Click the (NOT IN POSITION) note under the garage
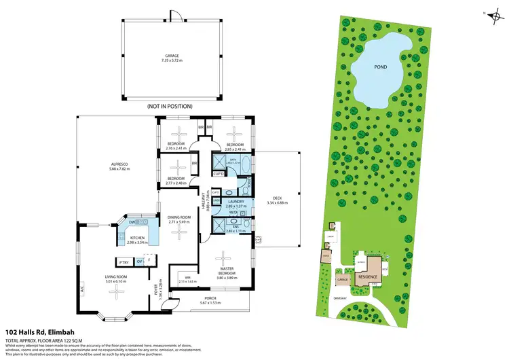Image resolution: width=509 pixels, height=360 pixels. (x=170, y=107)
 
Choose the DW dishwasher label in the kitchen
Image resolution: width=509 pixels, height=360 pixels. (x=133, y=221)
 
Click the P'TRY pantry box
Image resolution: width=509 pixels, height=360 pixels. (x=124, y=262)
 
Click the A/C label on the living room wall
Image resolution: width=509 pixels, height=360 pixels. (x=81, y=287)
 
